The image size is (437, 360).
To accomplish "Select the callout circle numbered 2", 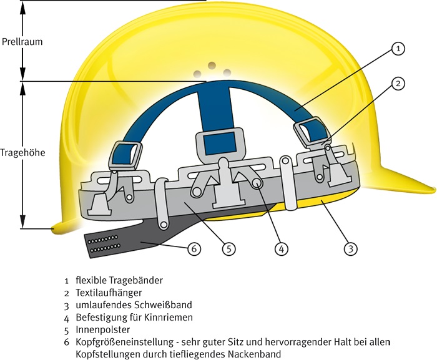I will coord(399,84).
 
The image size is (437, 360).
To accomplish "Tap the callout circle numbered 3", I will coord(351,248).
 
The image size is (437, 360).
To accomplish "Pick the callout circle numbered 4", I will coord(282,248).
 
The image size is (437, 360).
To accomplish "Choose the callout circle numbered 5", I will coord(229,248).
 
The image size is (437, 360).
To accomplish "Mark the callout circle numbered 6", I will coord(194,248).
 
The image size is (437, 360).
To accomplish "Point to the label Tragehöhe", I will coord(22,152).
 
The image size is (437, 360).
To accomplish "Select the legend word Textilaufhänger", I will coord(109,292).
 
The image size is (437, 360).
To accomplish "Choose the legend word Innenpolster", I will coord(103,329).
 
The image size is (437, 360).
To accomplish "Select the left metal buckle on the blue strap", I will coord(126,153).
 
